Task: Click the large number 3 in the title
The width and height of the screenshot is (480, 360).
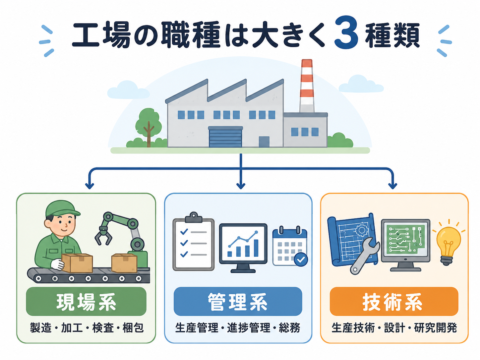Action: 346,33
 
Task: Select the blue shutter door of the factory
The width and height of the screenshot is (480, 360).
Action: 225,137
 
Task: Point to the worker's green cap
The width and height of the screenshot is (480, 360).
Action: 62,209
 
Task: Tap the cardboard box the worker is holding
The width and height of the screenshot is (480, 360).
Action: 77,263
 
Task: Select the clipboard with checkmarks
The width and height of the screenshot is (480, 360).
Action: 193,242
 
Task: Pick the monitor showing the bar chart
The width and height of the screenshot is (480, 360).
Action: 243,248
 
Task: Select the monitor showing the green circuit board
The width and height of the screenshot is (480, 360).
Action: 405,245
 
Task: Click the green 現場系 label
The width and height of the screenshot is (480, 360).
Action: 86,301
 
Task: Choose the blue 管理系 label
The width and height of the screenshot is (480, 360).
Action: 238,301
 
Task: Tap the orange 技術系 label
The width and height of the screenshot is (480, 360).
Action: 394,301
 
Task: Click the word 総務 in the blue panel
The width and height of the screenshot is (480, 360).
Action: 289,328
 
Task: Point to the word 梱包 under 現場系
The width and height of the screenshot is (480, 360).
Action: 133,328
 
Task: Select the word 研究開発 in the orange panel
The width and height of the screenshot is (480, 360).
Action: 435,328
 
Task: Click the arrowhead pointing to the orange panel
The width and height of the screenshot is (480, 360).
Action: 392,186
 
